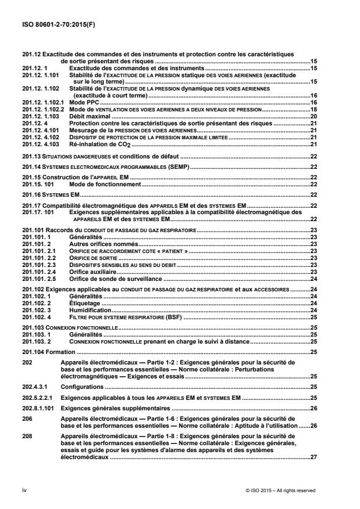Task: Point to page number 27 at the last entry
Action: coord(313,457)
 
